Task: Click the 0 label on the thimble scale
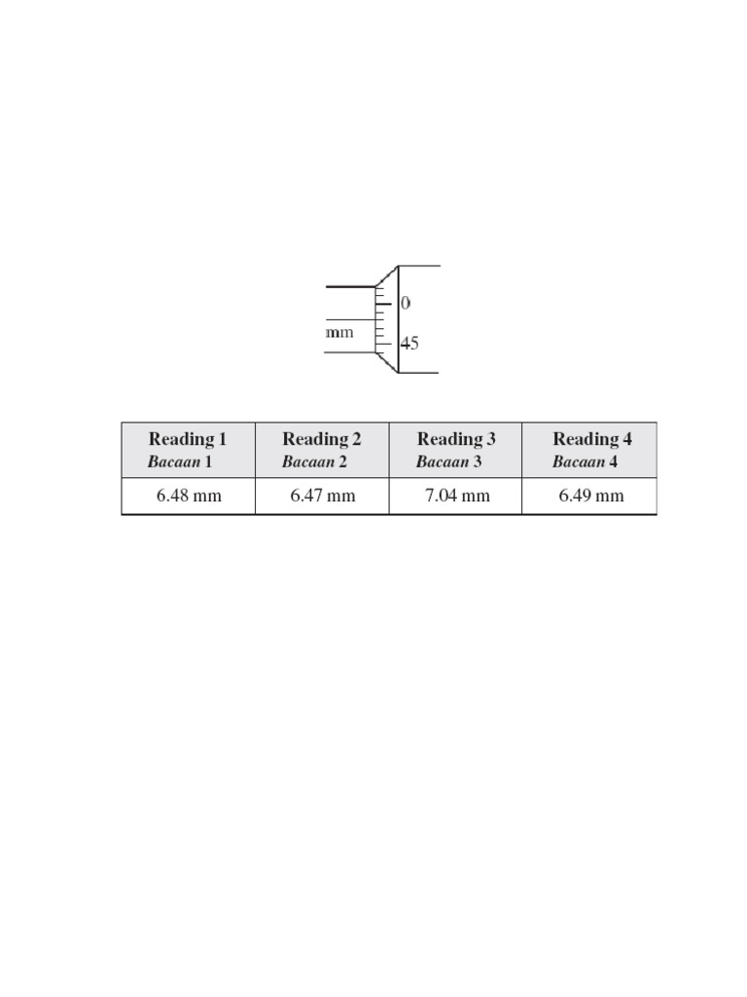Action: click(406, 304)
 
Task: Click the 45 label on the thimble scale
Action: click(409, 344)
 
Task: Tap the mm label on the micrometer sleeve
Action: click(339, 332)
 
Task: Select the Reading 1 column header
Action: click(188, 450)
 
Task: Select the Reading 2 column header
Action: click(322, 450)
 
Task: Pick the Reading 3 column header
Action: click(456, 450)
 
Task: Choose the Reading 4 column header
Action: click(592, 450)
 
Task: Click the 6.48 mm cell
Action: click(189, 497)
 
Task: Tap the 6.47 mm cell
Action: click(323, 497)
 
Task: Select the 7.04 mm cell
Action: click(457, 497)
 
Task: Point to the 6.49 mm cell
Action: click(591, 497)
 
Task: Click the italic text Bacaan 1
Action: click(180, 462)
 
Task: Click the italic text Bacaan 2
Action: click(314, 462)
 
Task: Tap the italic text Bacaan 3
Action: click(448, 462)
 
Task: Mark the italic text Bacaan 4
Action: click(585, 462)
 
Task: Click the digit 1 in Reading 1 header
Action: click(222, 439)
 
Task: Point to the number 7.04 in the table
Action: click(442, 497)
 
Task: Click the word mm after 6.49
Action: click(609, 497)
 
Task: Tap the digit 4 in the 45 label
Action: click(405, 344)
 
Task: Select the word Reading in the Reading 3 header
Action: click(449, 440)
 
